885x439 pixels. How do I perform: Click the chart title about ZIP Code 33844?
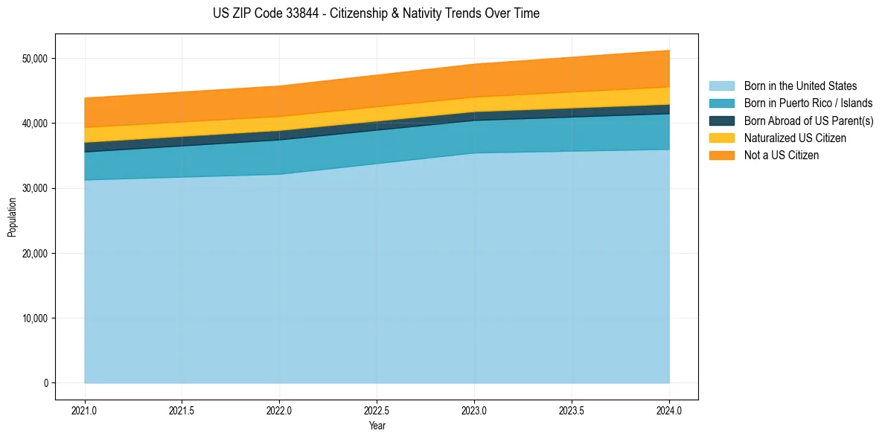(376, 13)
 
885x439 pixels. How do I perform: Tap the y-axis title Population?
(11, 217)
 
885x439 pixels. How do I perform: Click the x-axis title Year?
(377, 426)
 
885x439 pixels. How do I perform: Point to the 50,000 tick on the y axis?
(34, 59)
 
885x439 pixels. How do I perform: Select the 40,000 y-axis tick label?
(34, 124)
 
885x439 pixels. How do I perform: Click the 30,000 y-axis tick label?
(34, 188)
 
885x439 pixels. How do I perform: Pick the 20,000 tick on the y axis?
(34, 254)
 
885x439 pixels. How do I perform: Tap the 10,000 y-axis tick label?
(34, 318)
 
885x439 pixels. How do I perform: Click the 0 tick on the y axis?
(45, 383)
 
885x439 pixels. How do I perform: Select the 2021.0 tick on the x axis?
(85, 410)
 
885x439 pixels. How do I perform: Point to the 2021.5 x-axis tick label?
(182, 410)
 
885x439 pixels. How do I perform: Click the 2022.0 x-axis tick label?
(280, 410)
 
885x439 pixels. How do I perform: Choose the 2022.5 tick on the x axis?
(377, 410)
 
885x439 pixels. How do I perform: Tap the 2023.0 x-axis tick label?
(474, 410)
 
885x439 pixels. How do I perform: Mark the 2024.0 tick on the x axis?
(669, 410)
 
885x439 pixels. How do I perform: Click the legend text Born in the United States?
(800, 86)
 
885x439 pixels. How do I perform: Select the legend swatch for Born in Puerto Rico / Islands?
(721, 103)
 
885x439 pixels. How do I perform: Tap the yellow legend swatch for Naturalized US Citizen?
(721, 138)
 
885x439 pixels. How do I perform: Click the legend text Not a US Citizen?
(782, 156)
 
